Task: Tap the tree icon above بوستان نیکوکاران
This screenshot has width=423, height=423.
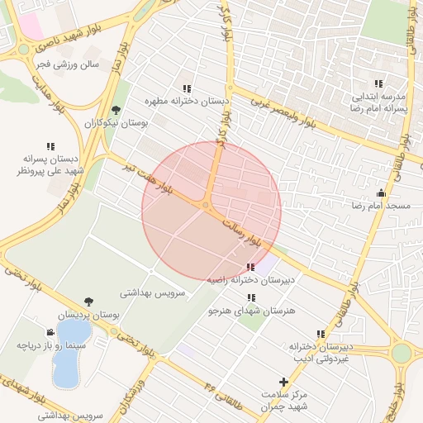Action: (115, 110)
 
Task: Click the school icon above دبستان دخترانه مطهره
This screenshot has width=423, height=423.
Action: (187, 88)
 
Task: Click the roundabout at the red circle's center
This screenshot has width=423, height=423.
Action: (205, 206)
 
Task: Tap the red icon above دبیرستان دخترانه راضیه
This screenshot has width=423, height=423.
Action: (250, 267)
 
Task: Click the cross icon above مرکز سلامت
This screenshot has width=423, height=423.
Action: (284, 383)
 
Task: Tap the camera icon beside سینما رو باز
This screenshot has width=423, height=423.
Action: (50, 333)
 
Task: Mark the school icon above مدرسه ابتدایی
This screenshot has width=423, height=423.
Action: (378, 83)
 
